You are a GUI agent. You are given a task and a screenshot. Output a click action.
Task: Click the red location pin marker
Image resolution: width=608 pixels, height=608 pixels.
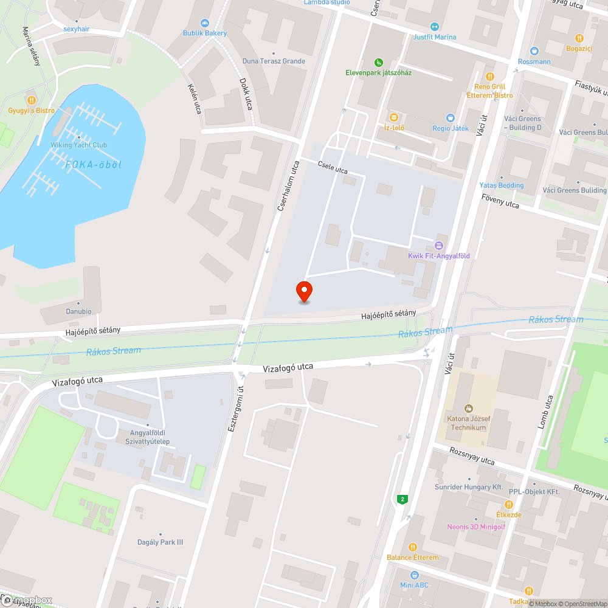coord(303,291)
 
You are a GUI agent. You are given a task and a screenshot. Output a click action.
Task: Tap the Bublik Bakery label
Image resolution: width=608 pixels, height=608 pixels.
coord(205,33)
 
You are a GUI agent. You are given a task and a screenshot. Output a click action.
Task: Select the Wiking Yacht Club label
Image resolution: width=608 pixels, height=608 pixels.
coord(79,145)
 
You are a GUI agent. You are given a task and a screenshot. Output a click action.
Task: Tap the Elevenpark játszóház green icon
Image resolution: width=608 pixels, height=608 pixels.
coord(379,62)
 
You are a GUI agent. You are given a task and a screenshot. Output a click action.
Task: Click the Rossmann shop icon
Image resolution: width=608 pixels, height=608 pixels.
coord(534,51)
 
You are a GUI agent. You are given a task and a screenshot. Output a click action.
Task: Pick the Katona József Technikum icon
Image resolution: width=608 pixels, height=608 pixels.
coord(468,408)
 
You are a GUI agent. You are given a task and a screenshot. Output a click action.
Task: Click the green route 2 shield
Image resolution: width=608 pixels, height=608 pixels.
coord(402,499)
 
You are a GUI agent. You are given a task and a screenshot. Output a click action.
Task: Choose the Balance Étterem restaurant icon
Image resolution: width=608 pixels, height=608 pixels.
coord(412,547)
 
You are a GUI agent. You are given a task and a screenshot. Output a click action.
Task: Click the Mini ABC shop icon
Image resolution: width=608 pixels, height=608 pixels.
coord(414,575)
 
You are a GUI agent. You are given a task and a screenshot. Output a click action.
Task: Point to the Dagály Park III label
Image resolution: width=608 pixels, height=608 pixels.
coord(160,542)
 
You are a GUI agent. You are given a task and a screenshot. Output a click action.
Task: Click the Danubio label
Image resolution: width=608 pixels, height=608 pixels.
coord(79,311)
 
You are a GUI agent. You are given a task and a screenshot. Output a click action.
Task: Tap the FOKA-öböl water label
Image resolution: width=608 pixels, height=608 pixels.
coord(94,165)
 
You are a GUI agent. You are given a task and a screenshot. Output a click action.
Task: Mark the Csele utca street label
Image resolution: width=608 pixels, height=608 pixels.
coord(332,168)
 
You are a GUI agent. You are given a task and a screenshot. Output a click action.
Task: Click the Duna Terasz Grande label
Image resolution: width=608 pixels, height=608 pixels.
coord(274,61)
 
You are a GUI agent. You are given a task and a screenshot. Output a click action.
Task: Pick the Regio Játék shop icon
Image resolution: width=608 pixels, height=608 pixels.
coord(451,117)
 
